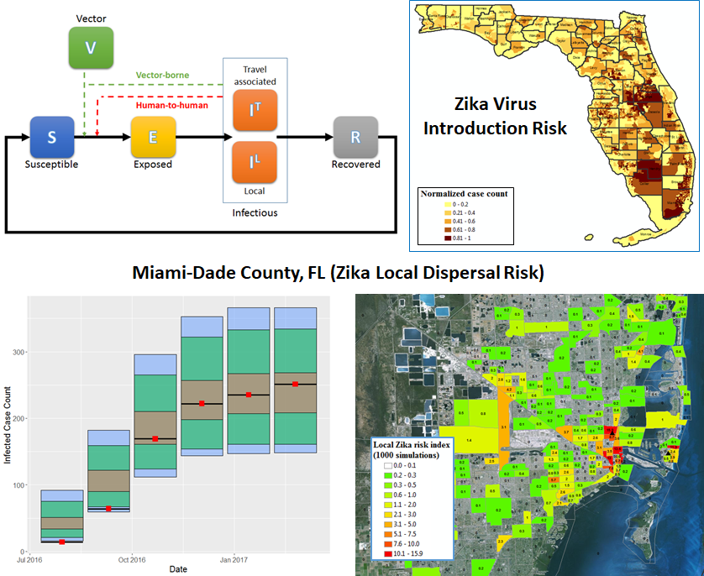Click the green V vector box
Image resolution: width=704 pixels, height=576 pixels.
(x=90, y=48)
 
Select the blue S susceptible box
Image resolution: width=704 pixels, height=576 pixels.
(x=52, y=137)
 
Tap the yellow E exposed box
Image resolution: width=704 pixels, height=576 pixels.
(x=153, y=137)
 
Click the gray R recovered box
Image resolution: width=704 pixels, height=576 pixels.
(x=355, y=137)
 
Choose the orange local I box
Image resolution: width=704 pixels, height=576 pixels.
(x=255, y=162)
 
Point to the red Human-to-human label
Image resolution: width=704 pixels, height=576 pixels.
(x=173, y=105)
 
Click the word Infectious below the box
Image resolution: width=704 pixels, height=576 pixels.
(x=255, y=212)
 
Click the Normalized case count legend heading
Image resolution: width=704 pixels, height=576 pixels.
(x=464, y=193)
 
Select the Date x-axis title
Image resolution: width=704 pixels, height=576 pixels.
(x=177, y=569)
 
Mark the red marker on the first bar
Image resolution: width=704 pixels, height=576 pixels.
(x=62, y=542)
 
